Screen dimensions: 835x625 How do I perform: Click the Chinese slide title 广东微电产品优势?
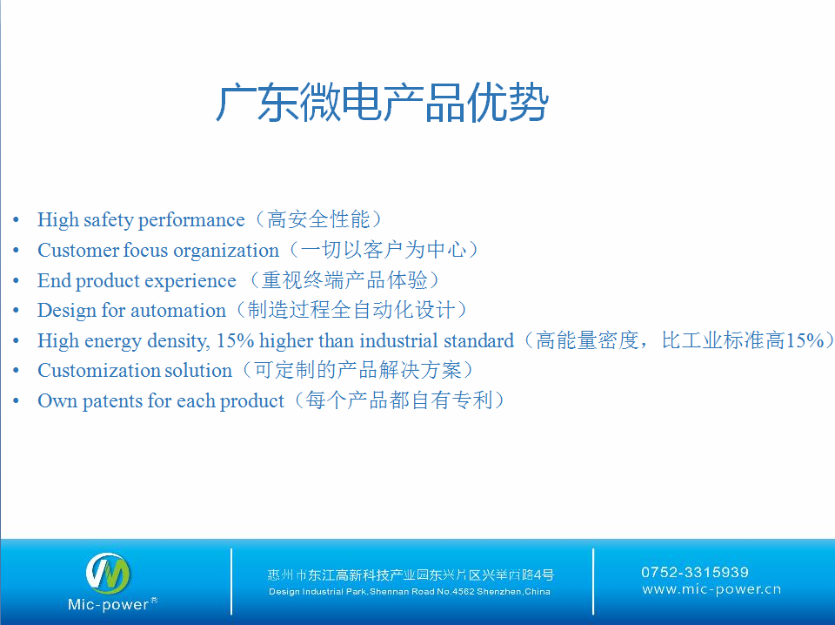coord(382,103)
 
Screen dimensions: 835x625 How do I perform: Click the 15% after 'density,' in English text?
coord(235,340)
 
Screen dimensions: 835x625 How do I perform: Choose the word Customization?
coord(97,370)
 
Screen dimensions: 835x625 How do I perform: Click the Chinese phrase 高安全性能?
coord(318,219)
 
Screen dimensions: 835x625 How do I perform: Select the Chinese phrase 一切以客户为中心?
coord(384,250)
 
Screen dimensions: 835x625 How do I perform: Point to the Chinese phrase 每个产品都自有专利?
coord(399,400)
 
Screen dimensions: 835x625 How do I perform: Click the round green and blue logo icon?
coord(108,574)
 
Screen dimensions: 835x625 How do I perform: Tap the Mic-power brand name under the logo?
coord(109,604)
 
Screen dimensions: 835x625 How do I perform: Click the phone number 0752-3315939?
coord(695,572)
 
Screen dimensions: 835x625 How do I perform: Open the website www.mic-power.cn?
coord(711,589)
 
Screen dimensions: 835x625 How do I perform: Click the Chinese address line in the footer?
coord(411,575)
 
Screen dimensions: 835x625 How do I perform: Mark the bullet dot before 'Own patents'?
coord(16,400)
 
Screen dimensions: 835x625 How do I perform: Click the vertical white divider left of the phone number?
coord(593,581)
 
